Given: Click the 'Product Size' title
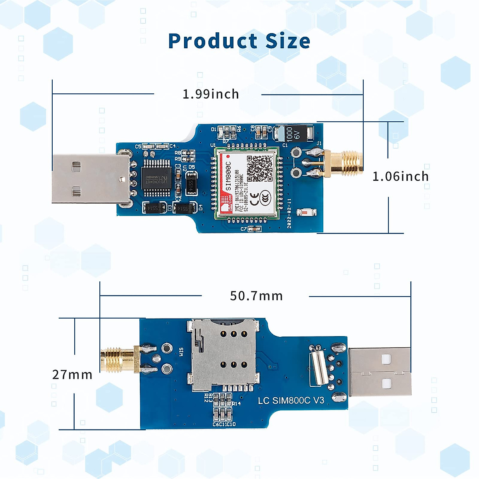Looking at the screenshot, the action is (239, 41).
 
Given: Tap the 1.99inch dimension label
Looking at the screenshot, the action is (211, 94).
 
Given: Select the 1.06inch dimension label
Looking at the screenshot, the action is (400, 176).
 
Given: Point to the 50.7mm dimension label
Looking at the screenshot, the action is (256, 296).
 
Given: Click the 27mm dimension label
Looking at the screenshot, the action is (72, 375).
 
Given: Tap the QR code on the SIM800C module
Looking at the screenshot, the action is (259, 167).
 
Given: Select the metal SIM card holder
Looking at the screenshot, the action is (222, 354).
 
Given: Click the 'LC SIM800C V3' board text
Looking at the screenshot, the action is (291, 400).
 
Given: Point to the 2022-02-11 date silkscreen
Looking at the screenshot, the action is (289, 214).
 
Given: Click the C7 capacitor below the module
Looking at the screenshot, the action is (254, 229).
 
